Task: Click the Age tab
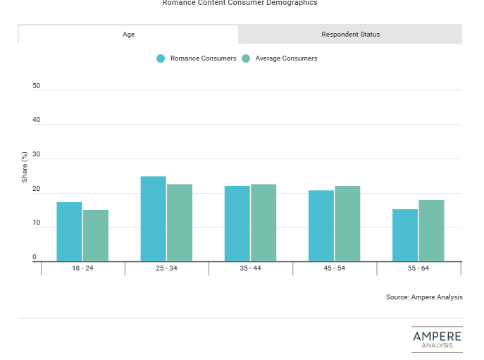[x=128, y=35]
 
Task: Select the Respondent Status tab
[x=350, y=35]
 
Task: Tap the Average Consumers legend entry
[x=280, y=58]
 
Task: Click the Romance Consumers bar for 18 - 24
[x=69, y=232]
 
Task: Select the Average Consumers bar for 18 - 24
[x=96, y=235]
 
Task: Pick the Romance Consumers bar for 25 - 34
[x=153, y=219]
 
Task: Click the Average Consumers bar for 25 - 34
[x=180, y=223]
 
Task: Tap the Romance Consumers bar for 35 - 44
[x=237, y=223]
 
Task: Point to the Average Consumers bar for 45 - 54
[x=347, y=223]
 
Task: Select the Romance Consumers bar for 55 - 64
[x=405, y=235]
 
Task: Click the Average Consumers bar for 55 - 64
[x=431, y=230]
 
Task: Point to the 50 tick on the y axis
[x=37, y=86]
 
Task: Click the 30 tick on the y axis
[x=37, y=155]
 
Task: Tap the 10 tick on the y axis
[x=37, y=223]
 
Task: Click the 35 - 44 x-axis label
[x=250, y=269]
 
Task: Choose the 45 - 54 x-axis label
[x=334, y=269]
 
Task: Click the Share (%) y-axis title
[x=25, y=168]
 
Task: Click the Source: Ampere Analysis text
[x=424, y=297]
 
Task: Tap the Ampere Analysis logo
[x=437, y=338]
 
